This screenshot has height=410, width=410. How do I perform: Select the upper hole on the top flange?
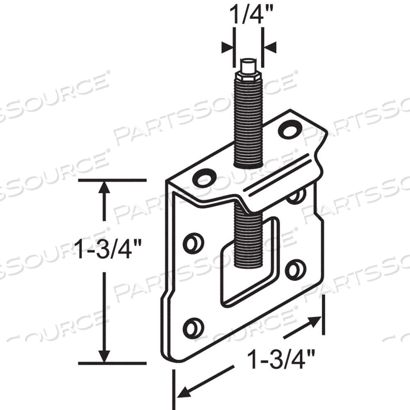point(289,130)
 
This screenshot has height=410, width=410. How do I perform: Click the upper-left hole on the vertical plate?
point(193,243)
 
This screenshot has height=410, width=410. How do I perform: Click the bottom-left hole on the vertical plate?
point(193,328)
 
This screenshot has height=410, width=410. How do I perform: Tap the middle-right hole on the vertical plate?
point(295,270)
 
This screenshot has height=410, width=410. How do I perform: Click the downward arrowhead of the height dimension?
point(105,356)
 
